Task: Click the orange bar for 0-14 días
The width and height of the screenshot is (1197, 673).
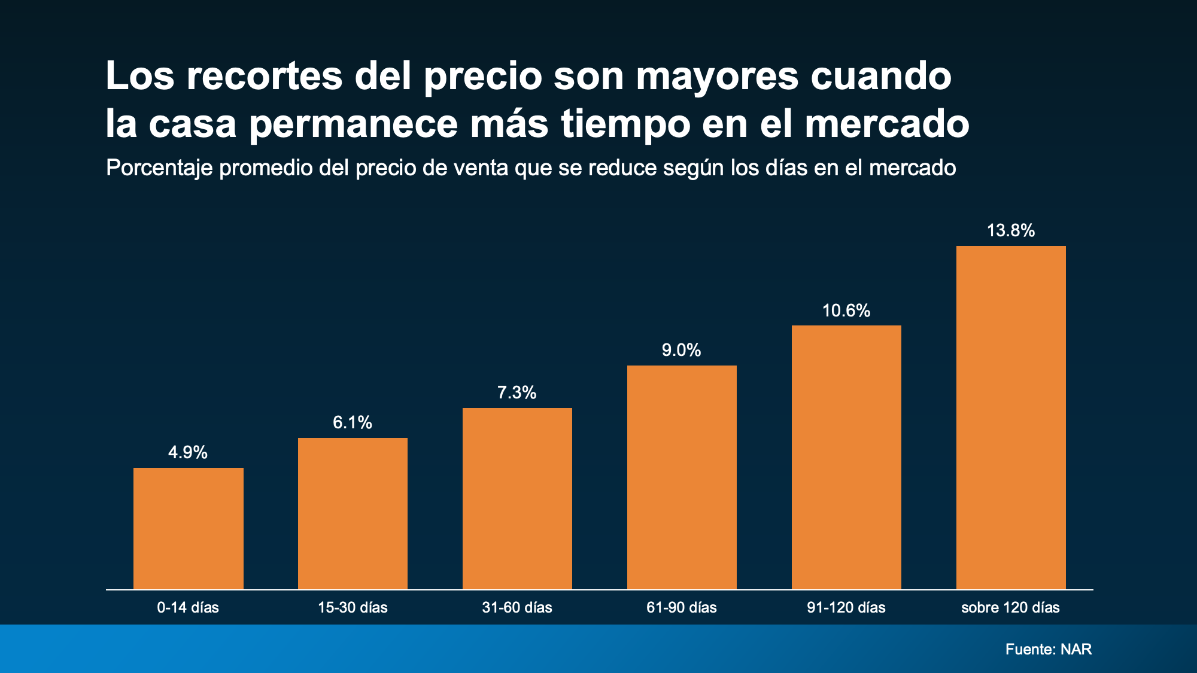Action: coord(189,528)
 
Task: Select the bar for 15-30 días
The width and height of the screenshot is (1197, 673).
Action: coord(353,513)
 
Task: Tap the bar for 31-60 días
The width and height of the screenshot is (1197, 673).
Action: coord(517,498)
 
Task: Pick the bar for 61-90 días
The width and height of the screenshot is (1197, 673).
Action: coord(682,477)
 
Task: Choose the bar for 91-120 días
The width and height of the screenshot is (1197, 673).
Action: coord(846,457)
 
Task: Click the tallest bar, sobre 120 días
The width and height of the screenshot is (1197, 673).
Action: coord(1011,418)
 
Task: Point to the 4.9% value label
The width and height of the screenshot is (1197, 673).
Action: coord(188,452)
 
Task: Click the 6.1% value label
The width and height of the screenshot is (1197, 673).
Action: coord(353,422)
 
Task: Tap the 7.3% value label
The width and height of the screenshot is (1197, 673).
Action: coord(517,392)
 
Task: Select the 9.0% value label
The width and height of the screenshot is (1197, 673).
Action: coord(682,350)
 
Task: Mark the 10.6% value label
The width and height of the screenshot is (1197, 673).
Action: coord(846,310)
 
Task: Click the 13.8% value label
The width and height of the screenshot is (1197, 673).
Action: coord(1011,230)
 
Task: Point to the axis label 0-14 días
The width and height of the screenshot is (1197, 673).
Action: coord(188,608)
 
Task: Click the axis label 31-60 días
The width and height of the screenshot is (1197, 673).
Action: coord(517,608)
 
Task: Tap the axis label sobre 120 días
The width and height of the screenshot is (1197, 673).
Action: coord(1010,608)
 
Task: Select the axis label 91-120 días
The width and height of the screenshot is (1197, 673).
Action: coord(846,608)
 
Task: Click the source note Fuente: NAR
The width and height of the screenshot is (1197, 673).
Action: coord(1049,649)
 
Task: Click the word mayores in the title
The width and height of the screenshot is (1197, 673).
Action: coord(717,77)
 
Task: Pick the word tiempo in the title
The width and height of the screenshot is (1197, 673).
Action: coord(625,124)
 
